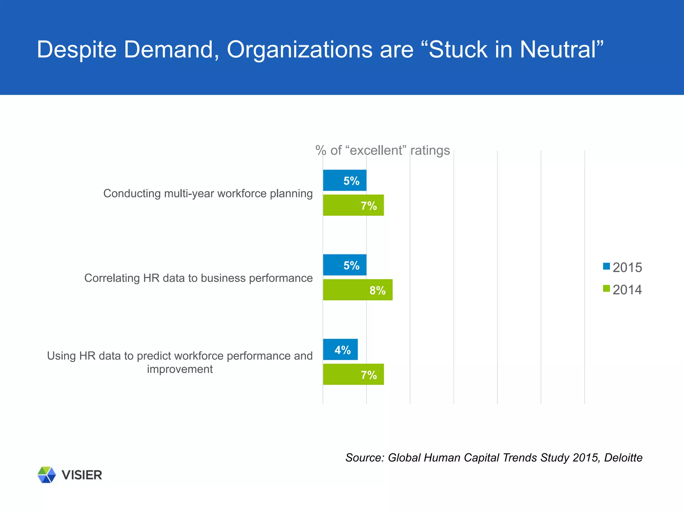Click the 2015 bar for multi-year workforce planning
click(344, 180)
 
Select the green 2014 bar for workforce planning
click(353, 205)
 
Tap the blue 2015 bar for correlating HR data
click(344, 265)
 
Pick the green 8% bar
click(357, 290)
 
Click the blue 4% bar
click(340, 350)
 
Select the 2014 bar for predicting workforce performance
click(353, 374)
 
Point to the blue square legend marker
click(606, 267)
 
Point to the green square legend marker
click(606, 289)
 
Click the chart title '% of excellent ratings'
click(383, 151)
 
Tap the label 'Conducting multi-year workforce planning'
click(208, 193)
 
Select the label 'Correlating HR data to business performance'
click(198, 278)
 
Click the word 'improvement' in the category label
click(180, 369)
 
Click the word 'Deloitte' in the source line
click(623, 458)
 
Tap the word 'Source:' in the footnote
click(365, 458)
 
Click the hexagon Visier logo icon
click(46, 475)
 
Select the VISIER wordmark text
click(82, 475)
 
